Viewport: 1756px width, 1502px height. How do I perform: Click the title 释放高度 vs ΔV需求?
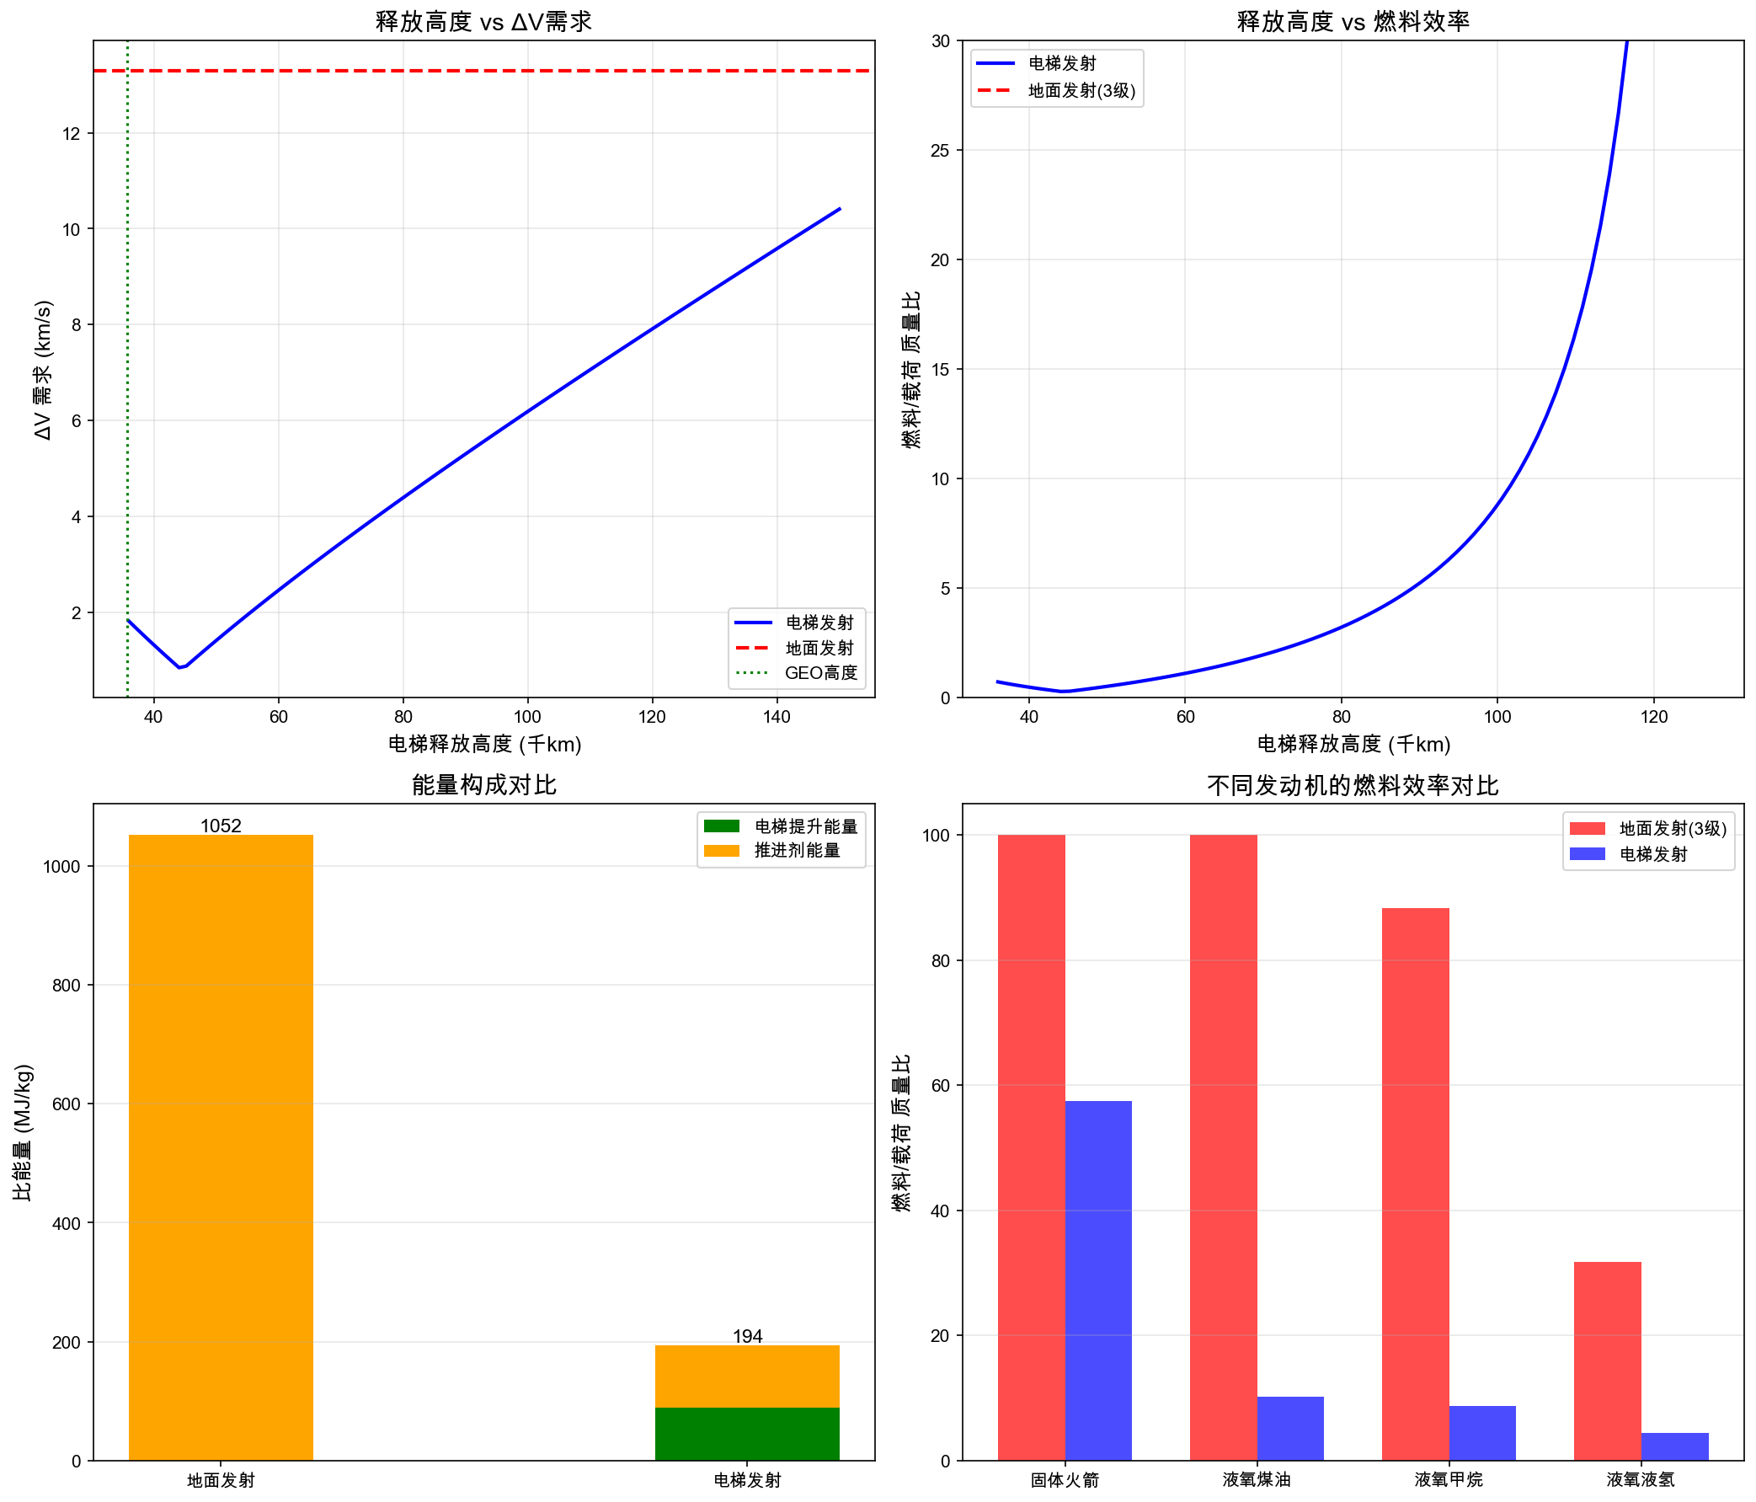tap(483, 21)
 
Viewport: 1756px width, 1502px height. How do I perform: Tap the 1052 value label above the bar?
tap(221, 826)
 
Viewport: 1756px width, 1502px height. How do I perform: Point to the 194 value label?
tap(747, 1336)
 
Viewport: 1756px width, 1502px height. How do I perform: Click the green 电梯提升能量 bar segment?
tap(747, 1433)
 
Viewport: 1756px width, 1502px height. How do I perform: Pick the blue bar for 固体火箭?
tap(1097, 1280)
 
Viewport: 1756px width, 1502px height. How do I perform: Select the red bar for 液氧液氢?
tap(1607, 1360)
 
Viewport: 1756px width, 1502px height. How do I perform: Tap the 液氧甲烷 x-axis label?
tap(1449, 1479)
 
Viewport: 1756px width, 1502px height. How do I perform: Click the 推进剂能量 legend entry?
tap(797, 850)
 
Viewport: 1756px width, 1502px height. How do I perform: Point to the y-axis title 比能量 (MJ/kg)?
tap(23, 1131)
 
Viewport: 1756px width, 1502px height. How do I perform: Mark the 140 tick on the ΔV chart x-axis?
tap(777, 717)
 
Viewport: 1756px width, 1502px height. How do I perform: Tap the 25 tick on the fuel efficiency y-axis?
tap(941, 150)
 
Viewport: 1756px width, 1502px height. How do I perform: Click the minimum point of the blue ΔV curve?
tap(179, 667)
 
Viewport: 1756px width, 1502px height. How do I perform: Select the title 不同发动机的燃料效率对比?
tap(1353, 785)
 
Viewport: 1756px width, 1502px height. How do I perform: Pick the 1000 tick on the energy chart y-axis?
tap(61, 866)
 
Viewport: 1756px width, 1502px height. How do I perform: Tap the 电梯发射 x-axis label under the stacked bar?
tap(747, 1480)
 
